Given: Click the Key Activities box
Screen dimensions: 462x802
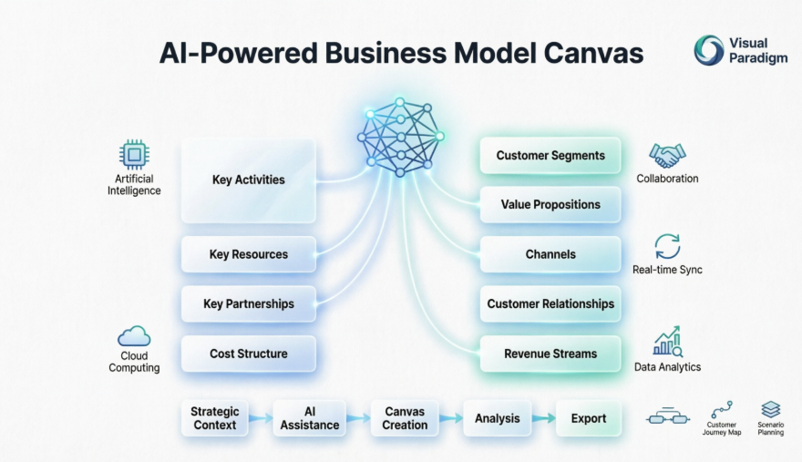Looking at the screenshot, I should pos(248,180).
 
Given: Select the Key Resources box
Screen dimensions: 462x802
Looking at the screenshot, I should pos(248,254).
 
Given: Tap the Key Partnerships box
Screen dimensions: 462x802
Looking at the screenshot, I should pos(248,303).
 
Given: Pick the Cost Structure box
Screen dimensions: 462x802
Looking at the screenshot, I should pos(248,354).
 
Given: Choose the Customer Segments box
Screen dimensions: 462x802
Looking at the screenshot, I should pos(550,156).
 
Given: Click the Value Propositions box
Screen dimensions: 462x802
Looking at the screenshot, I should pos(550,205).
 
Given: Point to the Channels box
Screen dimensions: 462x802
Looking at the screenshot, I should pos(550,254).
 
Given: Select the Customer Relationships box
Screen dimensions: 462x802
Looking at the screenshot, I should pos(550,303).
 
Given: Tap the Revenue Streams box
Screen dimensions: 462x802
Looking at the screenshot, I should pos(550,354).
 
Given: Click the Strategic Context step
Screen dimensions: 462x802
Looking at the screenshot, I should pos(214,418).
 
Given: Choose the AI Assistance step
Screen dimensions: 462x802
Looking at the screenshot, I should pos(310,418).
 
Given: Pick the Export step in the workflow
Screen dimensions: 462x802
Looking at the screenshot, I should pos(589,418).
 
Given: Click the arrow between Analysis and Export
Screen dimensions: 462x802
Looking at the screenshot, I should pos(544,418).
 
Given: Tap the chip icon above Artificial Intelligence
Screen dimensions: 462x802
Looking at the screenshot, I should pos(134,154).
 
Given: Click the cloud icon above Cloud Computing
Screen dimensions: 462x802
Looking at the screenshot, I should pos(134,336).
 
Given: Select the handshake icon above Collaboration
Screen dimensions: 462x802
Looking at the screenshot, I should pos(667,155).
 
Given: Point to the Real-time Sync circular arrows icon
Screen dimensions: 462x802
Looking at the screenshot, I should pos(667,247).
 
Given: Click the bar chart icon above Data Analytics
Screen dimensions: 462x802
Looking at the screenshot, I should pos(667,342).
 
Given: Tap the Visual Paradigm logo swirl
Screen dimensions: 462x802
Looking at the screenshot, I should pos(708,50).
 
